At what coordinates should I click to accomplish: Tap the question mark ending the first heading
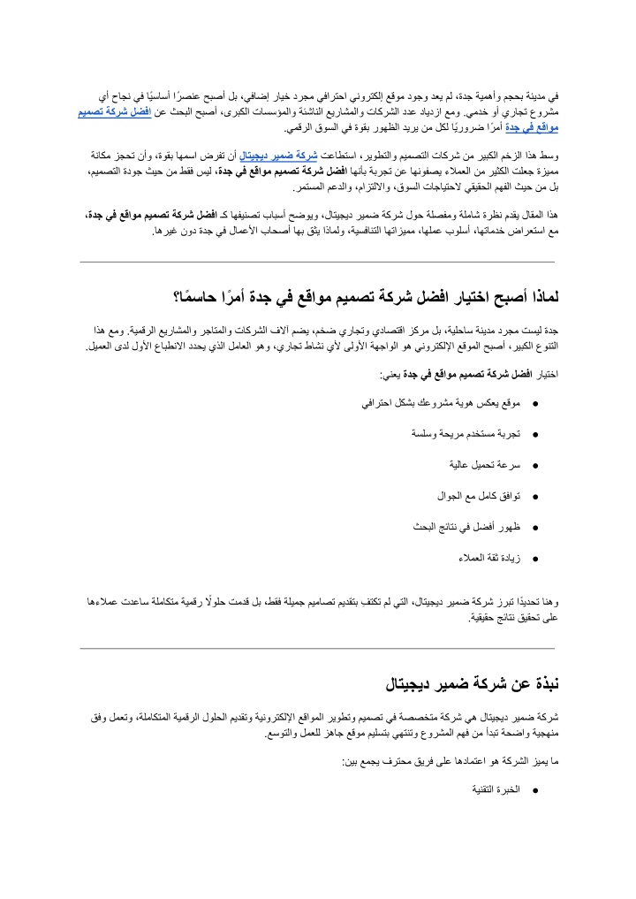tap(178, 297)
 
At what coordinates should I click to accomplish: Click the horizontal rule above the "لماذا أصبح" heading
tap(317, 263)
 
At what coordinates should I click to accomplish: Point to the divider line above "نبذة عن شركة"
tap(317, 649)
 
